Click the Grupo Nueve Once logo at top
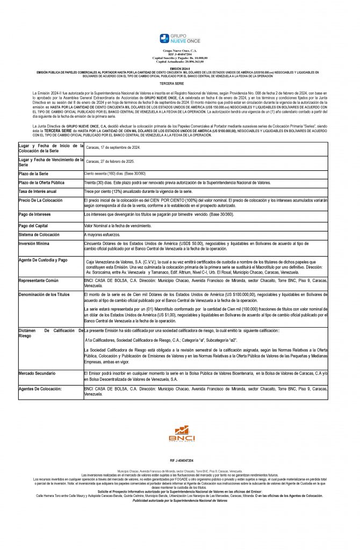(179, 38)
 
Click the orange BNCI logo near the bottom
(182, 433)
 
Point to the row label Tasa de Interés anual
(38, 191)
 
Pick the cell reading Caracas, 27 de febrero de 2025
(112, 161)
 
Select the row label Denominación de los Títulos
(44, 295)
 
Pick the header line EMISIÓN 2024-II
(179, 68)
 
